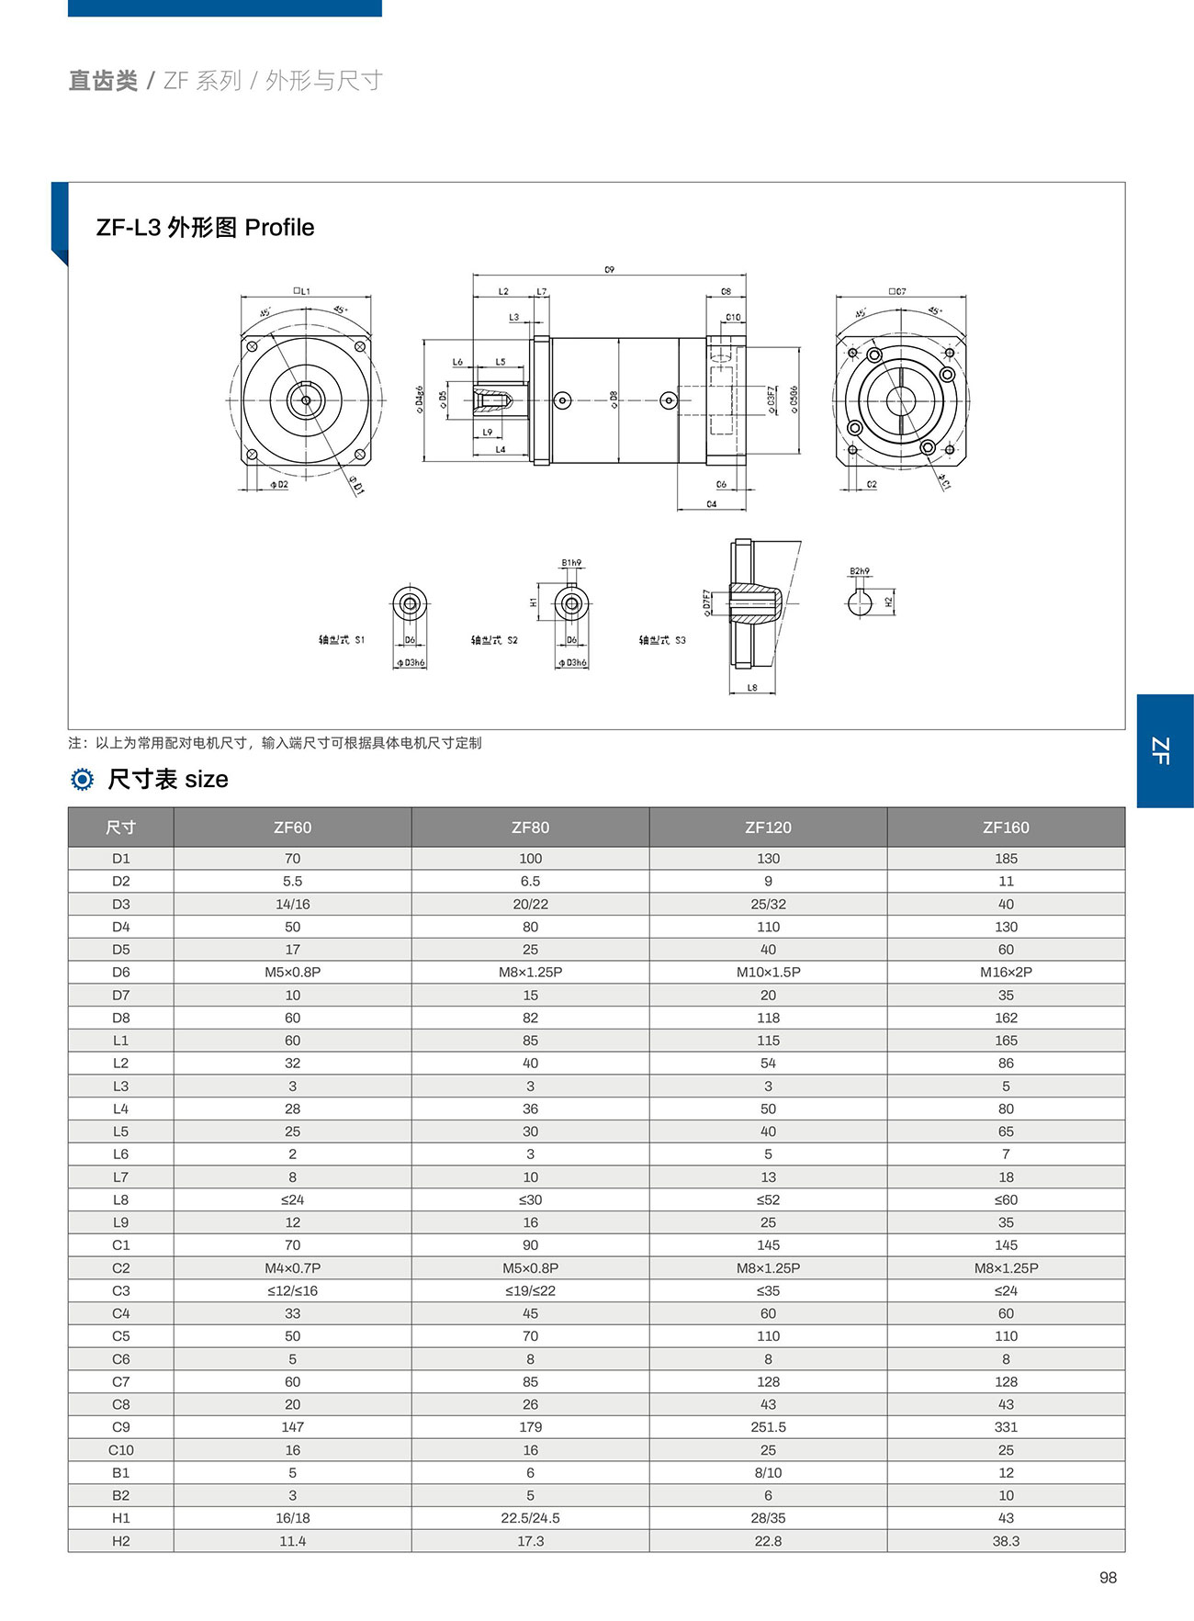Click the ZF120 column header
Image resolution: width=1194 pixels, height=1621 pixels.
click(768, 827)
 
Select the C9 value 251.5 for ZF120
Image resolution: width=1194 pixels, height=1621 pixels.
click(768, 1427)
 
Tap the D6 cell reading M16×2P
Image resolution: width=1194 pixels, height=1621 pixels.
click(1006, 972)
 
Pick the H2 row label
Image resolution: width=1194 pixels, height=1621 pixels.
click(120, 1541)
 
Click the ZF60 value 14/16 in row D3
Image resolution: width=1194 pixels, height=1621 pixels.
click(292, 904)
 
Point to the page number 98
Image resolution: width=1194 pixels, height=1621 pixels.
click(1108, 1578)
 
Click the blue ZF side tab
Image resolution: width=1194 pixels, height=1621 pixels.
click(1164, 750)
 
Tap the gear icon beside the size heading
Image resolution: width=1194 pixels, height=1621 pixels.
click(83, 780)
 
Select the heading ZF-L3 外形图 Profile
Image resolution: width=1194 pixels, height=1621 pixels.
click(205, 228)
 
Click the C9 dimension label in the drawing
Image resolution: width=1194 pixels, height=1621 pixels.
click(609, 269)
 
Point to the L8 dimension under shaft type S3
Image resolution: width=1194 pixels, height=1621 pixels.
click(752, 687)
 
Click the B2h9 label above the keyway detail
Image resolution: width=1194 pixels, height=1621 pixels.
click(860, 571)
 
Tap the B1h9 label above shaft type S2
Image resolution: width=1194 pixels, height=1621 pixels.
click(571, 563)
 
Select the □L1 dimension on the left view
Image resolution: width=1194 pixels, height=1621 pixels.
click(301, 291)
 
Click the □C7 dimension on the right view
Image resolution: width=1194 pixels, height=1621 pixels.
click(897, 291)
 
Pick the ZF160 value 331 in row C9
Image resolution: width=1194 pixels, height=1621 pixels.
click(1006, 1427)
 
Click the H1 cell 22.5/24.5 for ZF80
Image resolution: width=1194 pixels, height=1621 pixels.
click(530, 1518)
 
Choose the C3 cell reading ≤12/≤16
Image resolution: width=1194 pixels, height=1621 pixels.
click(292, 1290)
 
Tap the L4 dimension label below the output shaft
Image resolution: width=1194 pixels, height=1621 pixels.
click(501, 450)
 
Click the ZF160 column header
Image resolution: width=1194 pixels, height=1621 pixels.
click(1006, 827)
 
